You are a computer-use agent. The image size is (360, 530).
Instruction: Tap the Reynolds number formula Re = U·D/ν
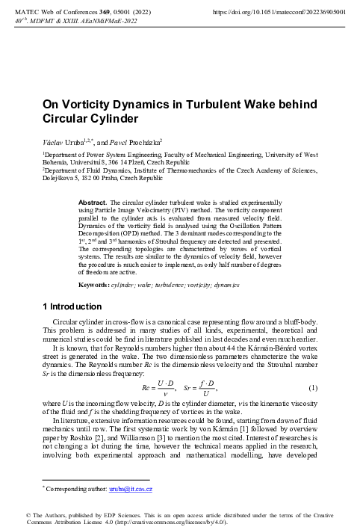coord(158,388)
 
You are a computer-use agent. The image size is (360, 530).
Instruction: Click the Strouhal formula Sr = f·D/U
coord(200,388)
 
